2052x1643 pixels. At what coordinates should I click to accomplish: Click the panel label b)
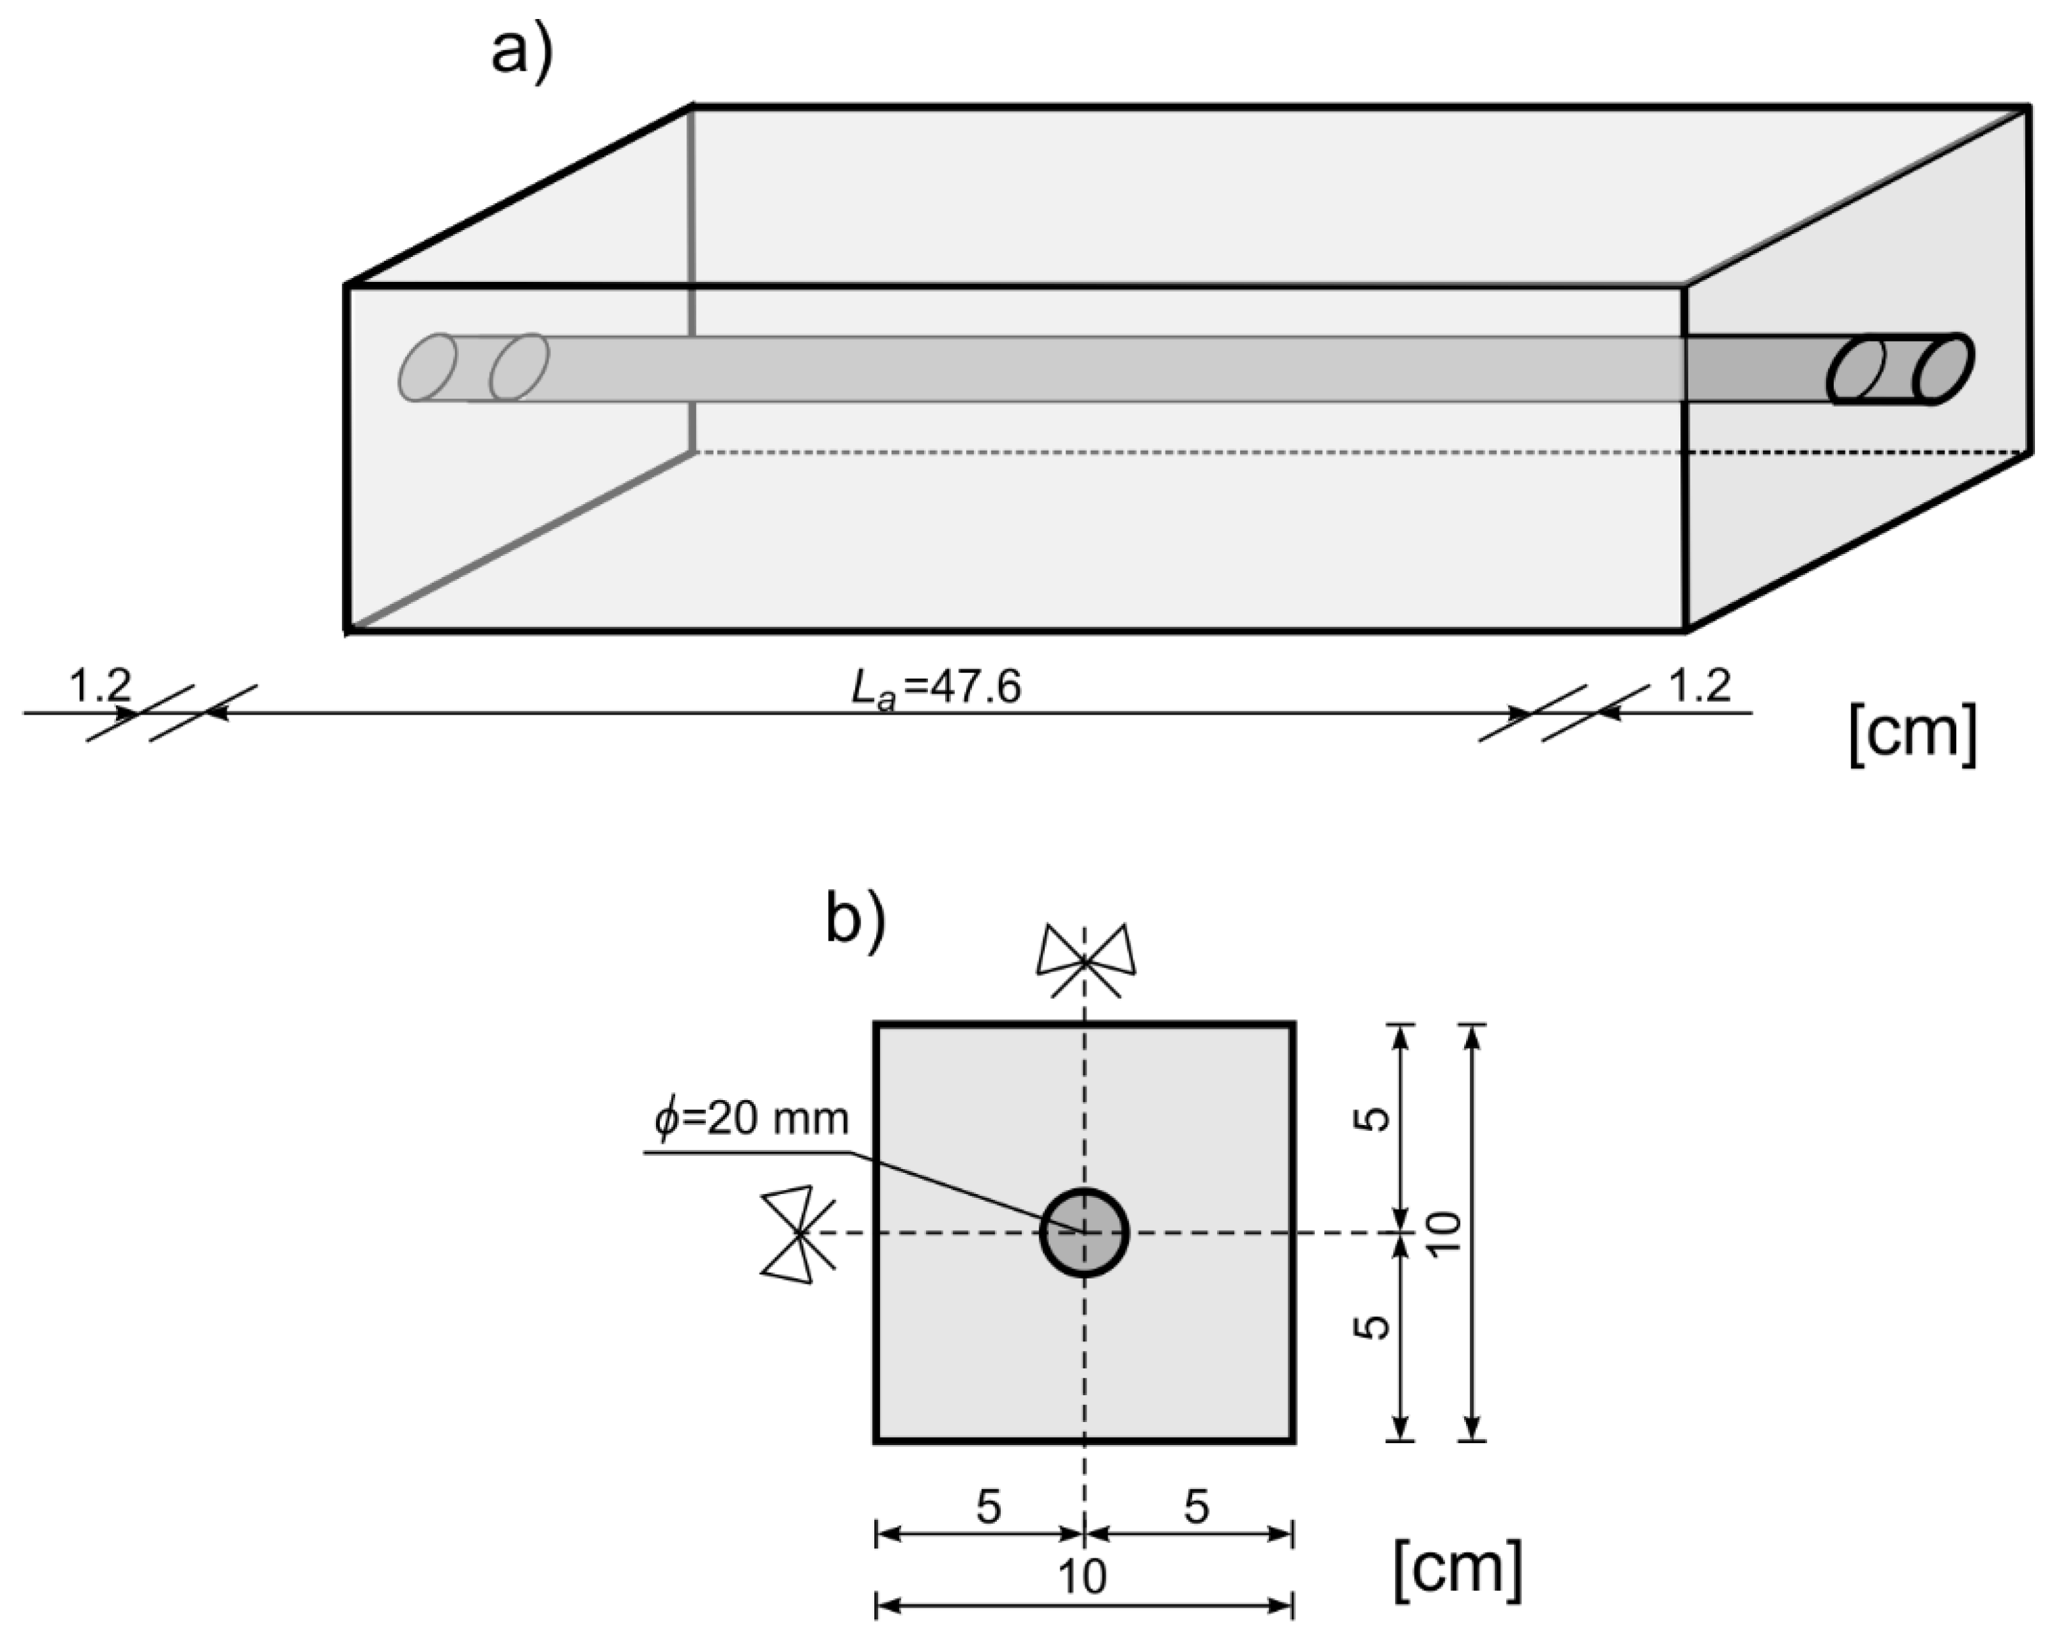tap(855, 920)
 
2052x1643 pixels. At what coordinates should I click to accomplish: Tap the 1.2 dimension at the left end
tap(99, 685)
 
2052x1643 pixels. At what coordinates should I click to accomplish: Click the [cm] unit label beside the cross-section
tap(1457, 1569)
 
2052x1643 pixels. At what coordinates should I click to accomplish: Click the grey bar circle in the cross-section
tap(1084, 1233)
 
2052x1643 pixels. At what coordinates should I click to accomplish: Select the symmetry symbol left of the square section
tap(798, 1234)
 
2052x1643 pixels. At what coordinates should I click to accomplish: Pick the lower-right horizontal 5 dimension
tap(1196, 1507)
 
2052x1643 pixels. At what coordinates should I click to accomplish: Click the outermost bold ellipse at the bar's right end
tap(1943, 369)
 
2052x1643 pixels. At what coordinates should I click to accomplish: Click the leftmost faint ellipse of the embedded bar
tap(427, 367)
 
